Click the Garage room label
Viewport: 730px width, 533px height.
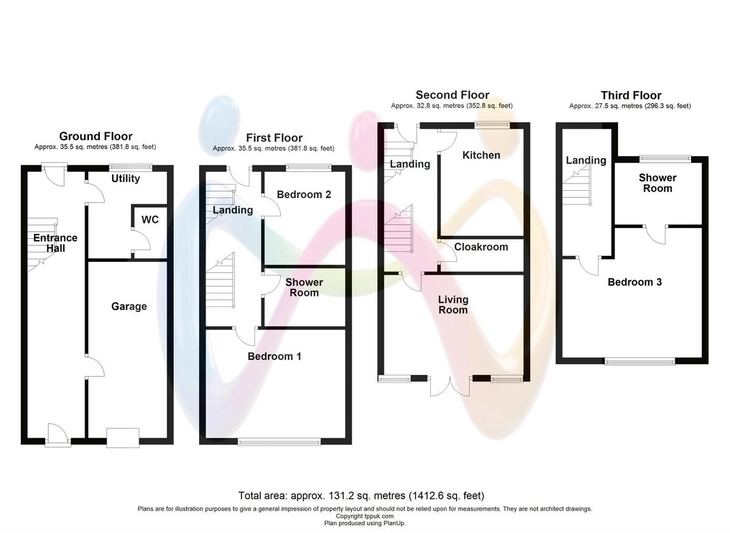tap(129, 306)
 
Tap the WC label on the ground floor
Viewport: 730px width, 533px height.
tap(150, 219)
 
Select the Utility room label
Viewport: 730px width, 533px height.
tap(126, 179)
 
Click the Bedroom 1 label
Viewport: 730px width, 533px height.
tap(274, 356)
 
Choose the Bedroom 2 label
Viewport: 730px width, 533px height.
tap(304, 194)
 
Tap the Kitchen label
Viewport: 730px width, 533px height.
tap(481, 155)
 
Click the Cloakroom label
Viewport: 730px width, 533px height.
tap(481, 247)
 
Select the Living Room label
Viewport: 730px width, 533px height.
tap(453, 304)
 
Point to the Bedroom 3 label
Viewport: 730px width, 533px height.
tap(634, 282)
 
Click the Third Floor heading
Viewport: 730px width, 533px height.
tap(631, 95)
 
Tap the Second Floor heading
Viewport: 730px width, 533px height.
tap(452, 95)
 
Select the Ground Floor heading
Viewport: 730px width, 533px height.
tap(96, 136)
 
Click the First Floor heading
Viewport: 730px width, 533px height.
tap(274, 138)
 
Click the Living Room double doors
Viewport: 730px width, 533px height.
tap(450, 387)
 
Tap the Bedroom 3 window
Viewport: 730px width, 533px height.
tap(640, 361)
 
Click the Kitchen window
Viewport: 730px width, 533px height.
tap(493, 125)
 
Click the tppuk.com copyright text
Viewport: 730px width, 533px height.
tap(365, 516)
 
